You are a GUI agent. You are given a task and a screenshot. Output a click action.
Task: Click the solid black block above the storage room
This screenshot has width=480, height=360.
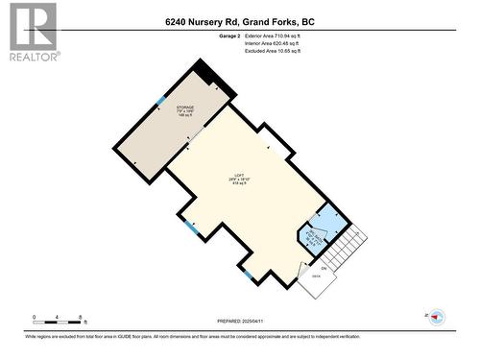[x=205, y=72]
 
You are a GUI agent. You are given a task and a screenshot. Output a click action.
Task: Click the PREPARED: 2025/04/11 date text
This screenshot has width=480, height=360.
[x=239, y=321]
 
